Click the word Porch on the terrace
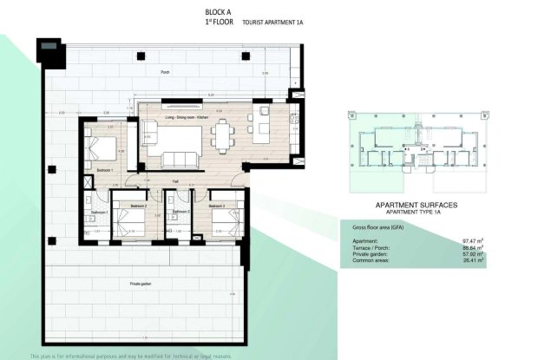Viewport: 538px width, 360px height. click(164, 73)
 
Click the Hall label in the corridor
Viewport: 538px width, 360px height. click(174, 181)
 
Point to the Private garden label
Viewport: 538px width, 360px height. click(142, 283)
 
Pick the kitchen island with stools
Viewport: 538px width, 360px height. click(261, 126)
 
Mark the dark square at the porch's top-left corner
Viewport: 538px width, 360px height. click(50, 45)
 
